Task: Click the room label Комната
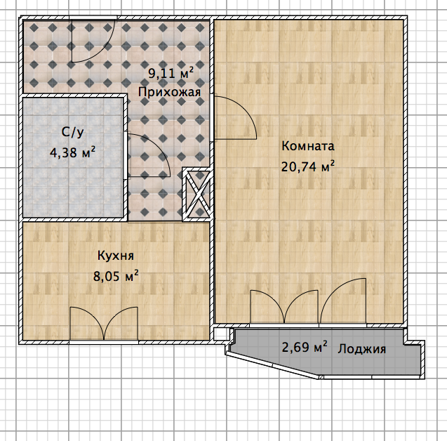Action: [x=308, y=146]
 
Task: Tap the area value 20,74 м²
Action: [x=308, y=166]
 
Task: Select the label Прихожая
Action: [x=169, y=93]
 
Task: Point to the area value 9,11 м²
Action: [x=171, y=73]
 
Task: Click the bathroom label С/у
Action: [x=73, y=133]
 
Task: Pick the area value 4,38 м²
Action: [x=72, y=152]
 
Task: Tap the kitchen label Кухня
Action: [x=116, y=256]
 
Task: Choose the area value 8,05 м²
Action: [x=116, y=276]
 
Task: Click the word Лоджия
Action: [x=362, y=349]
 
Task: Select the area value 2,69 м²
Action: [x=305, y=347]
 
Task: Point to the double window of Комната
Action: [x=284, y=307]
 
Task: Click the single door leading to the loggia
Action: [x=343, y=301]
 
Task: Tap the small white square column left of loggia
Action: [x=218, y=333]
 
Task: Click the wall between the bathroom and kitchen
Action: [x=74, y=219]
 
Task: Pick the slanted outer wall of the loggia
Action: [x=272, y=365]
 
